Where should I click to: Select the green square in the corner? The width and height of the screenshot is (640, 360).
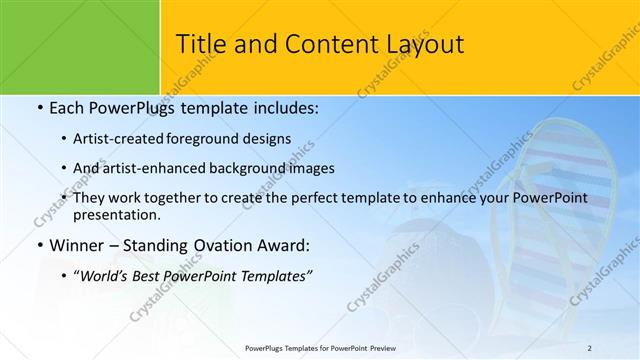coord(80,46)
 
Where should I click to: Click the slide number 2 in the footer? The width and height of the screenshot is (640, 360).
coord(589,346)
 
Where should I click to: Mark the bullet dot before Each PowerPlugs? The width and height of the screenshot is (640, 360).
coord(39,107)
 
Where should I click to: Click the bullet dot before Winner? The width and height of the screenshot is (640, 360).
coord(39,245)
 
